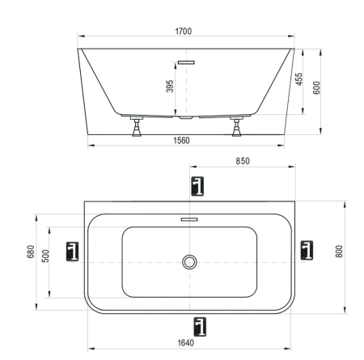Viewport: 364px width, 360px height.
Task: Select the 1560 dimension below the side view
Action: coord(187,140)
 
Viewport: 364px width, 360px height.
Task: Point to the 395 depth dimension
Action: coord(171,85)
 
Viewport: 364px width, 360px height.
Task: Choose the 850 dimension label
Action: coord(242,161)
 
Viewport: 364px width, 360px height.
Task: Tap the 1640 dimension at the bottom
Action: coord(187,342)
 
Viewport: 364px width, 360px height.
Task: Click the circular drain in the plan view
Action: coord(189,261)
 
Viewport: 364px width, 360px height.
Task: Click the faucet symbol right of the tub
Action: coord(306,250)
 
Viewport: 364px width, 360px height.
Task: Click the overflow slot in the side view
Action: coord(188,61)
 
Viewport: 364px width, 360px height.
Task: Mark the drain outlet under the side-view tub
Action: coord(188,118)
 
